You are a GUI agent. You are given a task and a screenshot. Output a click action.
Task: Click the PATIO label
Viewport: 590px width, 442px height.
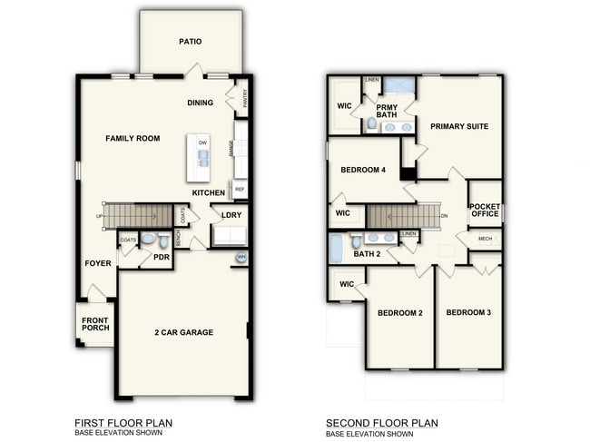[x=190, y=42]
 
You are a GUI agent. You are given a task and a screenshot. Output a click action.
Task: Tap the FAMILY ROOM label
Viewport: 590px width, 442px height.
[x=133, y=139]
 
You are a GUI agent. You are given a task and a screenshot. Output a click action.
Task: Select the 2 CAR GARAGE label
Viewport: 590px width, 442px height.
[x=183, y=332]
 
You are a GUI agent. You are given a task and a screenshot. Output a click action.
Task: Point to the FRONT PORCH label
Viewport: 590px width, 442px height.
[x=95, y=324]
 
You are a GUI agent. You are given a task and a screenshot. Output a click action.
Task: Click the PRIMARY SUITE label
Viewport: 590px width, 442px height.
[x=459, y=126]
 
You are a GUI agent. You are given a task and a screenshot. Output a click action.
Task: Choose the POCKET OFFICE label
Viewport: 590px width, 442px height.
[x=485, y=211]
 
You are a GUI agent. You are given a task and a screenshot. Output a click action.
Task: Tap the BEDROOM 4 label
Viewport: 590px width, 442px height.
[x=363, y=170]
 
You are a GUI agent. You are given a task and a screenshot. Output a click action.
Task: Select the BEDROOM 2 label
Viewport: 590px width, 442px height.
[x=400, y=313]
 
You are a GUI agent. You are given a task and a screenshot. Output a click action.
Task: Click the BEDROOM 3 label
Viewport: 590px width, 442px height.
[x=468, y=313]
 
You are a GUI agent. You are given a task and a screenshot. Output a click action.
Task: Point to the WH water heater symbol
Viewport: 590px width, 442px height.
[x=241, y=258]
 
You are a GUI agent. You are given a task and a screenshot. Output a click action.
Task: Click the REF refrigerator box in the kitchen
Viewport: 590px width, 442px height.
[x=240, y=190]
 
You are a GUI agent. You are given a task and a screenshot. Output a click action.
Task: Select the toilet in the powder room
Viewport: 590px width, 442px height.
[x=163, y=241]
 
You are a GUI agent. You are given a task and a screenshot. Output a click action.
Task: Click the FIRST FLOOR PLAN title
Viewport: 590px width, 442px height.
[x=123, y=422]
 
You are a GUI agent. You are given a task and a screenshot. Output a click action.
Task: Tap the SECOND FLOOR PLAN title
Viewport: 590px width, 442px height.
[x=382, y=422]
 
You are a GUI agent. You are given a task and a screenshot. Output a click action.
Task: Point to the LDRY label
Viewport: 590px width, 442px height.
[x=231, y=215]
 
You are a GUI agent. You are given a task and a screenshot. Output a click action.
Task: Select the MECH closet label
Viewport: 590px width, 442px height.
[x=485, y=239]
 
